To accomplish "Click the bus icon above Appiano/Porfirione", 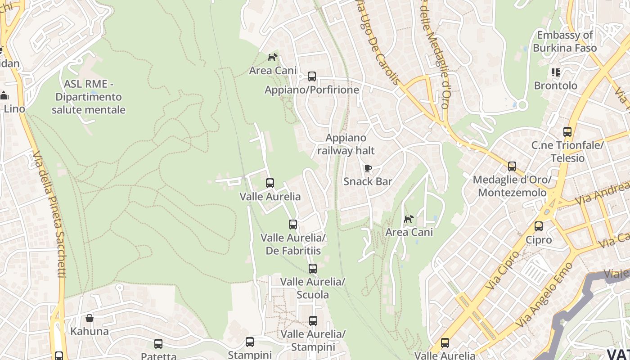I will [x=312, y=76].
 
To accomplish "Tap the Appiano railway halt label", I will [x=346, y=144].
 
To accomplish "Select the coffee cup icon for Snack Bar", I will [x=368, y=169].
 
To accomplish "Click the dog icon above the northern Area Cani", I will [x=273, y=57].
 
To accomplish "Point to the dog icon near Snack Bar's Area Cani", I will [x=409, y=219].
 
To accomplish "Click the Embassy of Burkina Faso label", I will [x=565, y=41].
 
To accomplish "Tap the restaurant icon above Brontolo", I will [x=556, y=72].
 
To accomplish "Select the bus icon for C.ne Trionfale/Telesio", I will [x=567, y=132].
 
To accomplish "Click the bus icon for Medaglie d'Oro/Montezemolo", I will [x=512, y=166].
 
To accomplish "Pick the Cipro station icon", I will [x=539, y=226].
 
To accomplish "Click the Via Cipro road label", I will [x=503, y=270].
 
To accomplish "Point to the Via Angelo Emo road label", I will [x=544, y=295].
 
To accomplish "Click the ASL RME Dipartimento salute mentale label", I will [x=88, y=97].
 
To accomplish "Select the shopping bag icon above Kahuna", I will [x=90, y=318].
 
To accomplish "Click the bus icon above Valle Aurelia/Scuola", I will [x=313, y=269].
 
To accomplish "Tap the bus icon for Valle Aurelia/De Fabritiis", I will [x=293, y=224].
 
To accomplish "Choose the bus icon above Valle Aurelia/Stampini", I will [x=313, y=321].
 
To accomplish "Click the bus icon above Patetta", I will [x=158, y=344].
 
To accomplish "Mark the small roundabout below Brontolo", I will [x=522, y=105].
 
